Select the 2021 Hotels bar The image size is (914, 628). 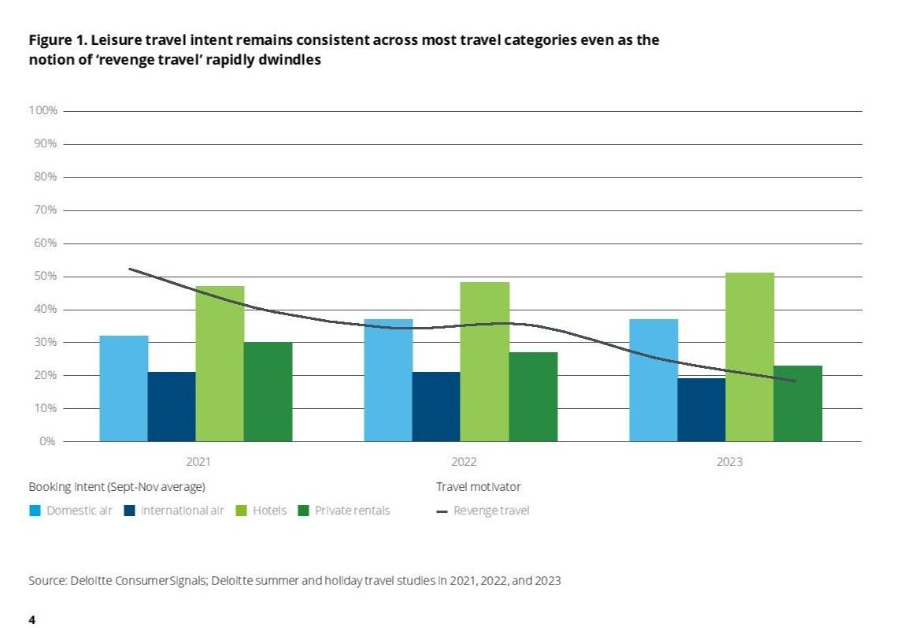220,363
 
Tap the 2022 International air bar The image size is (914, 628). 436,407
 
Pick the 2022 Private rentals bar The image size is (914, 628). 533,396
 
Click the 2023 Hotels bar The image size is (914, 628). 749,357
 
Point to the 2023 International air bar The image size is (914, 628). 701,410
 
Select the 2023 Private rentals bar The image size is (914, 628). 797,403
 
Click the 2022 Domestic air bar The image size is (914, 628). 388,380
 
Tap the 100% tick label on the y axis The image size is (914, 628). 43,111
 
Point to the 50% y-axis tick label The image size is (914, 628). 46,277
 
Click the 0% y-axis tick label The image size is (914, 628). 49,441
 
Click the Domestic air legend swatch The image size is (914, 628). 35,511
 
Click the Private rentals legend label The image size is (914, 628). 352,511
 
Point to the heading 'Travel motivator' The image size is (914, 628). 479,487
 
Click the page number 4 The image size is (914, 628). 31,620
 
